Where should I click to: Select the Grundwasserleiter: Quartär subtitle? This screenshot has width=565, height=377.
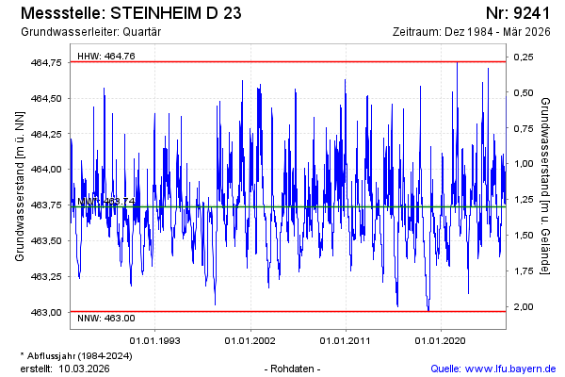coord(91,32)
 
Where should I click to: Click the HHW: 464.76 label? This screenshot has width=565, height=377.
coord(106,57)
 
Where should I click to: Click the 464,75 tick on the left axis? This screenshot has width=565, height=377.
coord(46,62)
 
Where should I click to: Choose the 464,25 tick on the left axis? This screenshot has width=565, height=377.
coord(46,134)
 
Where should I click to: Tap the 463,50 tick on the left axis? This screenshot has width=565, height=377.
coord(46,240)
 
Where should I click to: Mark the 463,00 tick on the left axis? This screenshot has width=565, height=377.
coord(46,312)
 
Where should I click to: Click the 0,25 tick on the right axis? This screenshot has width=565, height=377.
coord(523,57)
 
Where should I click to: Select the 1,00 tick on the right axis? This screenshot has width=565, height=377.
coord(523,164)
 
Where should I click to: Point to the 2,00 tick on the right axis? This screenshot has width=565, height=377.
coord(523,307)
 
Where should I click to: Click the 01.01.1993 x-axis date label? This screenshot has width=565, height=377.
coord(155,339)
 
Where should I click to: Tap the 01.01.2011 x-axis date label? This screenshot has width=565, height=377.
coord(347,339)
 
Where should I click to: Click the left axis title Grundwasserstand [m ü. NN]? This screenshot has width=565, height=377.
coord(20,186)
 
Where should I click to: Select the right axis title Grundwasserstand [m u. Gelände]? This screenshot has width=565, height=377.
coord(545,186)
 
